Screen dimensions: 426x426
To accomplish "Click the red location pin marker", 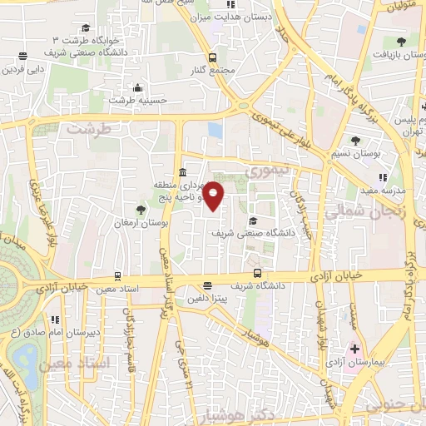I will [214, 196].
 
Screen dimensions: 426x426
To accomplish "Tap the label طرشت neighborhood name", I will [89, 130].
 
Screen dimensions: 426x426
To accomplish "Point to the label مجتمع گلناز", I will [214, 70].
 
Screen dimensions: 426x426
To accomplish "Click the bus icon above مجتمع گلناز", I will [213, 57].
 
